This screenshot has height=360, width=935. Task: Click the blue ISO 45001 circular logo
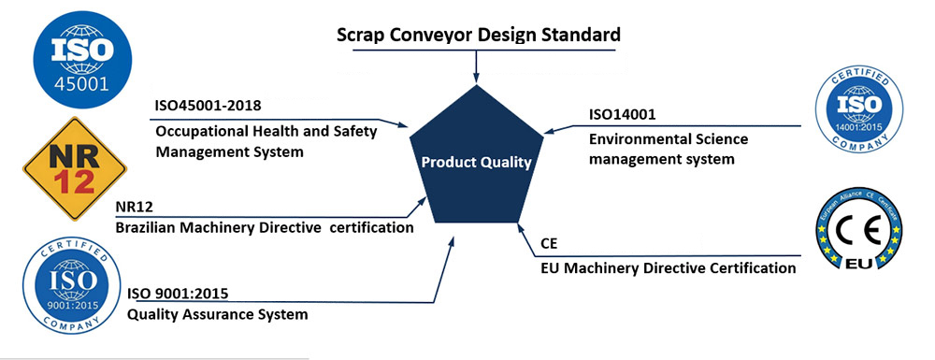pos(82,59)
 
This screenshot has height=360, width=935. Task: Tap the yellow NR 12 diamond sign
pos(75,168)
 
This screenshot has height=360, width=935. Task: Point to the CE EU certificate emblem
pos(858,228)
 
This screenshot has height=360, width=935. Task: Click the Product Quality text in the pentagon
pos(476,162)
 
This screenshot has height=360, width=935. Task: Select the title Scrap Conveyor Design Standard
pos(479,34)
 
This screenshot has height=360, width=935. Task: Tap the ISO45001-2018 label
pos(208,106)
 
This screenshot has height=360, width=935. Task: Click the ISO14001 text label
pos(623,114)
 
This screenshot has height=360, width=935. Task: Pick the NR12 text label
pos(134,208)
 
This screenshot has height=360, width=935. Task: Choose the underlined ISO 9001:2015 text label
pos(177,294)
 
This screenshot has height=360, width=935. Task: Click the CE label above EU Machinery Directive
pos(549,244)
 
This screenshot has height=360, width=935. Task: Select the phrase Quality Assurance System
pos(217,314)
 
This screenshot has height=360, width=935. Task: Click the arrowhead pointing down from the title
pos(476,78)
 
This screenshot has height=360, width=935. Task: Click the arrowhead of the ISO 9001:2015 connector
pos(451,242)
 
